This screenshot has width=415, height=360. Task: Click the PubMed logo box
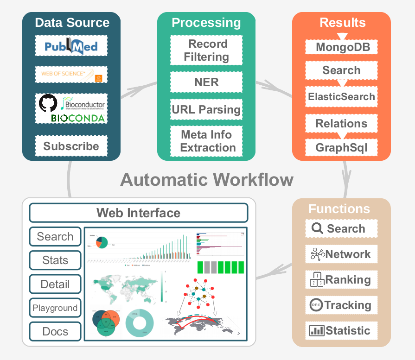click(x=71, y=46)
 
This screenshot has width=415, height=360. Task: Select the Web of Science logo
click(x=71, y=75)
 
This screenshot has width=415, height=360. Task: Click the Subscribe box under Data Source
click(x=71, y=146)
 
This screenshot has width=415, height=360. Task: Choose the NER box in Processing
click(x=206, y=82)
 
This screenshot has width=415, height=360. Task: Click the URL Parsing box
click(x=206, y=110)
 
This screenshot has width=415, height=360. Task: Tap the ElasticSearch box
click(x=341, y=97)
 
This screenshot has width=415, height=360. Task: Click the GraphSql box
click(x=341, y=148)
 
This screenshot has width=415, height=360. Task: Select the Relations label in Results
click(x=341, y=124)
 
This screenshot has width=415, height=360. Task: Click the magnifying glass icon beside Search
click(x=318, y=228)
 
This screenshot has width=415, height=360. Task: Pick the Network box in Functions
click(x=341, y=254)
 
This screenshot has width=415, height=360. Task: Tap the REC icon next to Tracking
click(x=316, y=305)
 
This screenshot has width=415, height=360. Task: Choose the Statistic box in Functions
click(x=341, y=331)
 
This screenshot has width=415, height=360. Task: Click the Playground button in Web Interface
click(x=55, y=308)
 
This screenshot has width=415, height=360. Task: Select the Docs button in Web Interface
click(x=55, y=332)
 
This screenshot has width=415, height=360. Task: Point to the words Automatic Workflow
click(x=207, y=180)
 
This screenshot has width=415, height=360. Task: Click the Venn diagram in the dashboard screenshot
click(x=106, y=322)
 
